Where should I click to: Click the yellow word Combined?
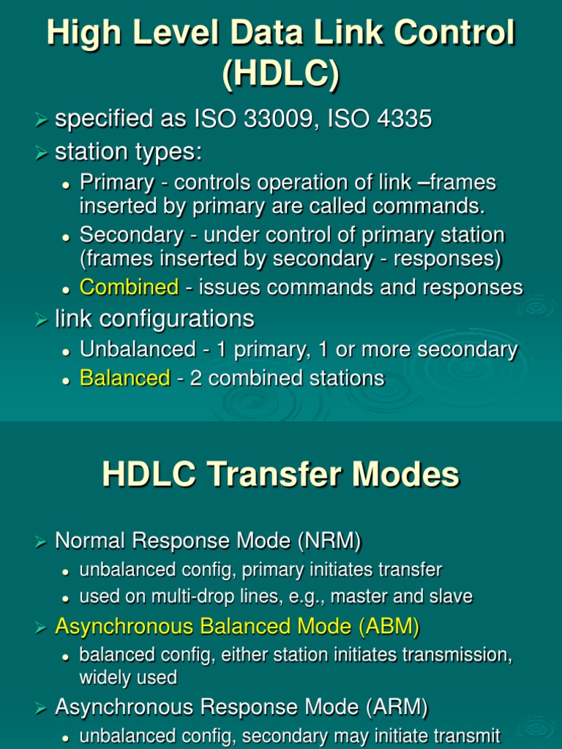(x=129, y=287)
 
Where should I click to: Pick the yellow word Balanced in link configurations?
(x=124, y=378)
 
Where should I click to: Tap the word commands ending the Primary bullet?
(x=436, y=206)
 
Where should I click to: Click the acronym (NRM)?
(x=329, y=541)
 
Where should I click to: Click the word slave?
(x=451, y=597)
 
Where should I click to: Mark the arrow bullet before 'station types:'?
(x=42, y=153)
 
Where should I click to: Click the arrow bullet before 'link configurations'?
(x=42, y=320)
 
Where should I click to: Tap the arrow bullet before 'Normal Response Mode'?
(x=42, y=542)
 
